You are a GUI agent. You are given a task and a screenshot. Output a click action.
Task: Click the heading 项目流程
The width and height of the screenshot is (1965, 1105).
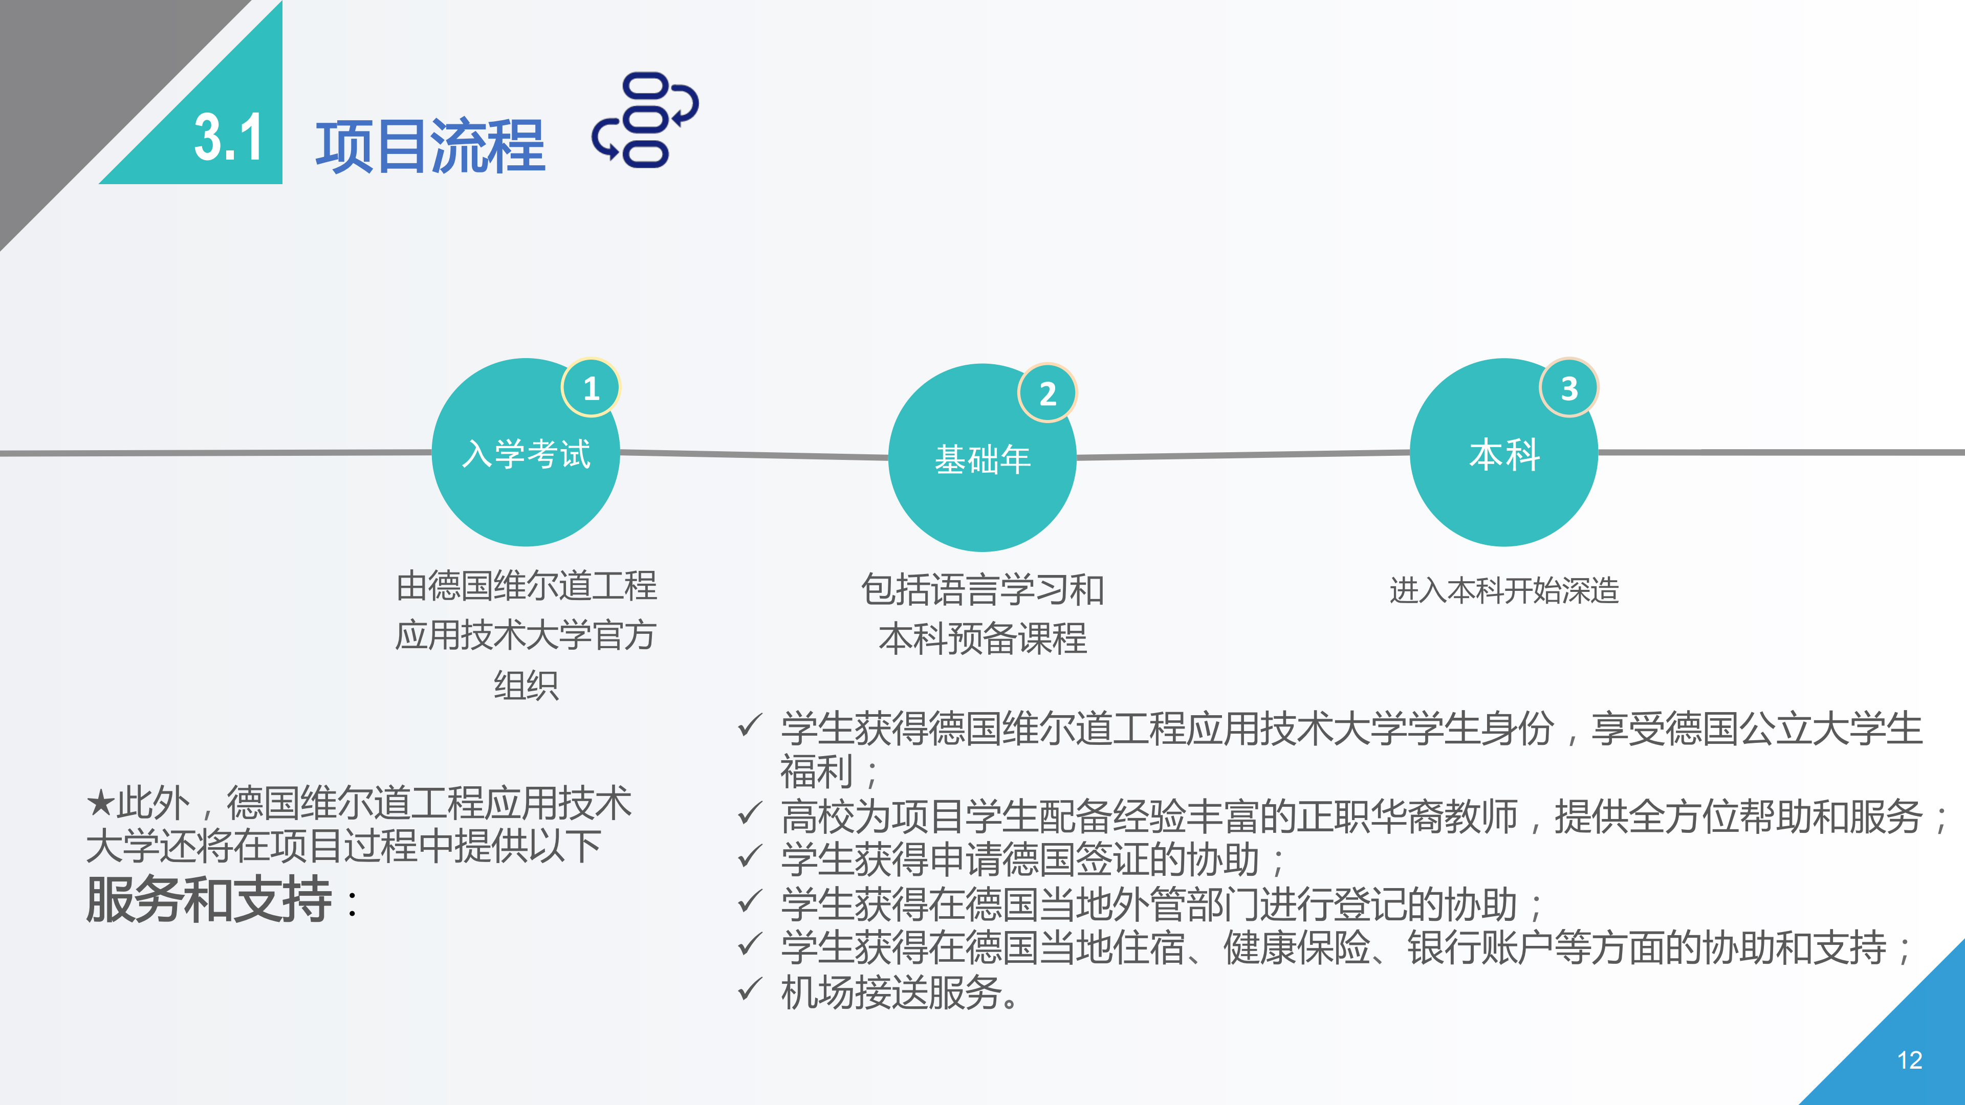click(430, 146)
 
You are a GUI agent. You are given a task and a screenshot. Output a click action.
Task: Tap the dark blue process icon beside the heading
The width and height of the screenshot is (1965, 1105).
click(645, 120)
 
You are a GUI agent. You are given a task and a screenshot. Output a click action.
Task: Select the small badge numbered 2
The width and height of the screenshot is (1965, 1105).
click(1048, 393)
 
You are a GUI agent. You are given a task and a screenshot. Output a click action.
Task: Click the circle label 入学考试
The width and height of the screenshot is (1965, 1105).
click(527, 454)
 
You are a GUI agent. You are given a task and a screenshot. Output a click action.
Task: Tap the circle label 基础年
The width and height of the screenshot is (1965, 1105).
click(982, 459)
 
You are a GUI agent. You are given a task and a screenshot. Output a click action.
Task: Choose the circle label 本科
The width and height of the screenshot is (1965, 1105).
click(1504, 454)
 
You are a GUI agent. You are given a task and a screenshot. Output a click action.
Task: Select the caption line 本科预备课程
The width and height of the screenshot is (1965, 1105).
click(982, 638)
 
